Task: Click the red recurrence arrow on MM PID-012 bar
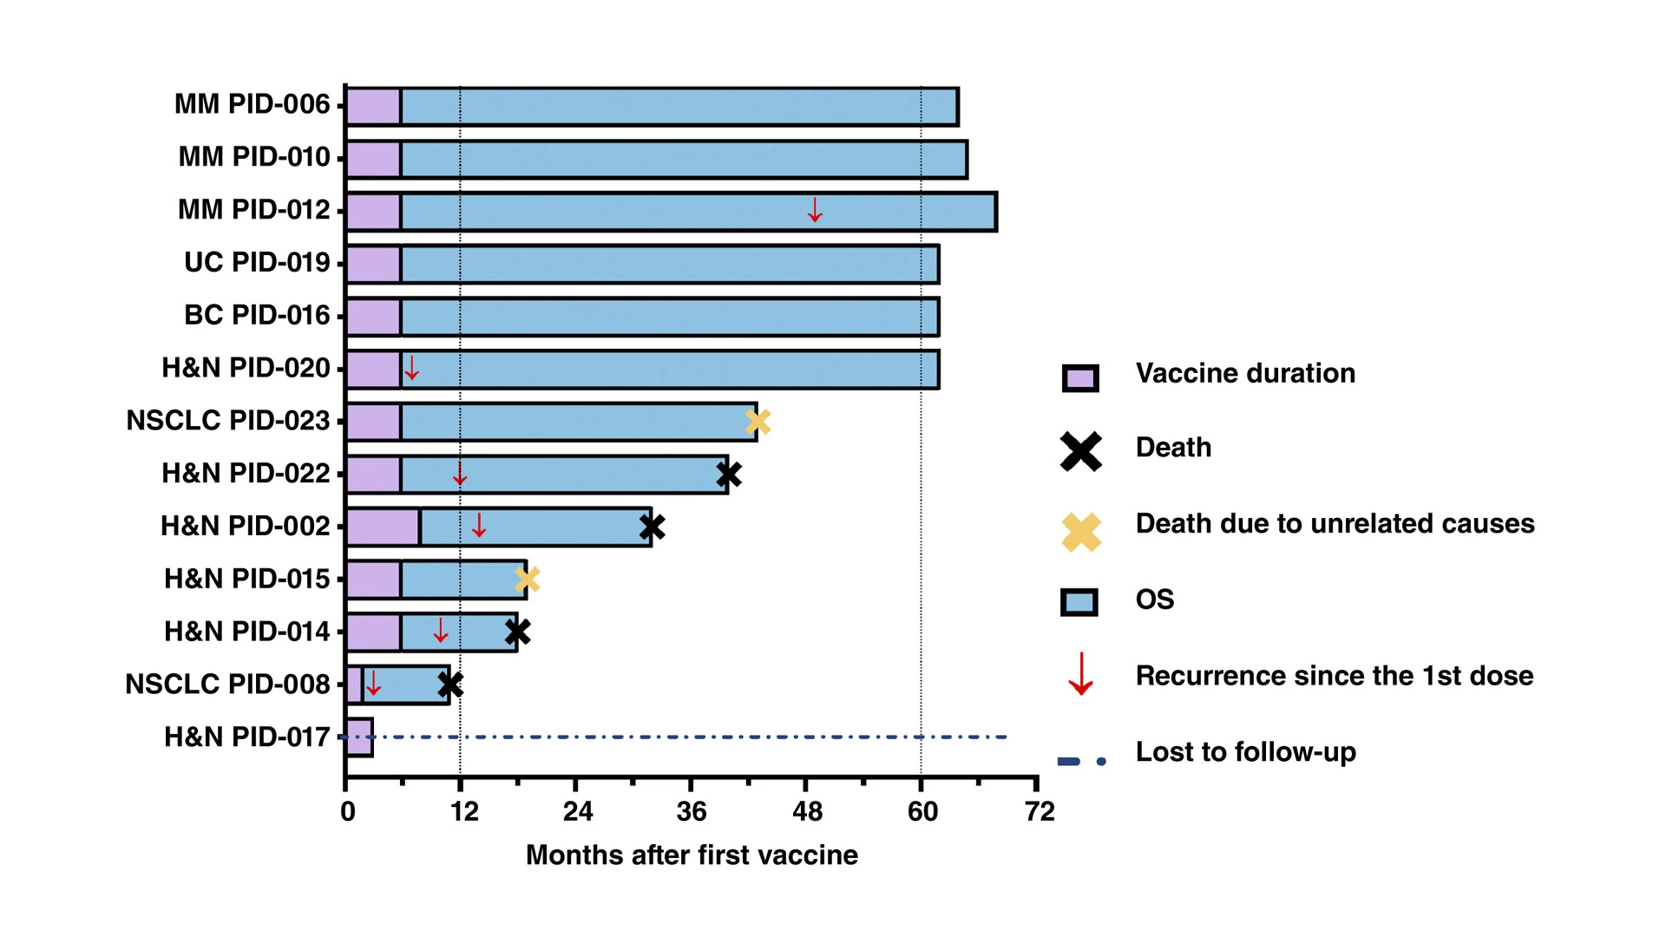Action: point(814,210)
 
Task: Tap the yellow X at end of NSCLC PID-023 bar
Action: point(758,422)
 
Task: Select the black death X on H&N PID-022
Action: point(729,475)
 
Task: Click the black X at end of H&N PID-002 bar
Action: point(652,527)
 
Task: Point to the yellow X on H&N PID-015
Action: point(527,579)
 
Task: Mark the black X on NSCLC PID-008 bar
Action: point(449,685)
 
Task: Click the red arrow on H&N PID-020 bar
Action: point(412,368)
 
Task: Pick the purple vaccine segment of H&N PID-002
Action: point(383,527)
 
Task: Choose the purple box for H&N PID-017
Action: point(359,737)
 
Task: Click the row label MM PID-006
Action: point(252,104)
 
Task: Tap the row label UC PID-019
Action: point(257,262)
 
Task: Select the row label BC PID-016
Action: point(257,315)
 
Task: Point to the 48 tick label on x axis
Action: point(807,812)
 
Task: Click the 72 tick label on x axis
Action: point(1040,812)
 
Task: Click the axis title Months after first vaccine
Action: point(692,855)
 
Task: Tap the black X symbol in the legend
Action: point(1080,451)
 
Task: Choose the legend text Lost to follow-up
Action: point(1245,751)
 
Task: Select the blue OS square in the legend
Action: point(1079,602)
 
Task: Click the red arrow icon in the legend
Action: point(1080,675)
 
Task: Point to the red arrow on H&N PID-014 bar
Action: point(441,631)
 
